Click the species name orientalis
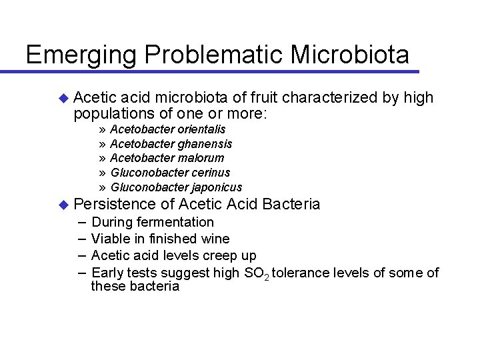201,129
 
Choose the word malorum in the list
200,158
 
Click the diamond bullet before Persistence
63,204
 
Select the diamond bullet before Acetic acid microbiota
63,99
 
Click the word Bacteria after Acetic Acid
291,204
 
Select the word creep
214,255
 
